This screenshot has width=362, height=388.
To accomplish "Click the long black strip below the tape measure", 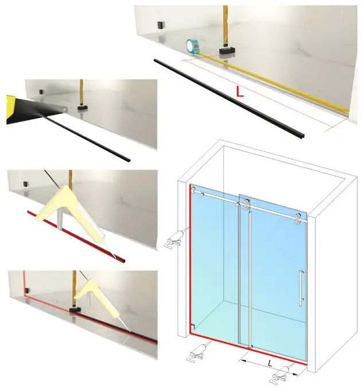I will point(229,98).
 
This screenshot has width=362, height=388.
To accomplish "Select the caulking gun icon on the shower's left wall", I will point(174,238).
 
